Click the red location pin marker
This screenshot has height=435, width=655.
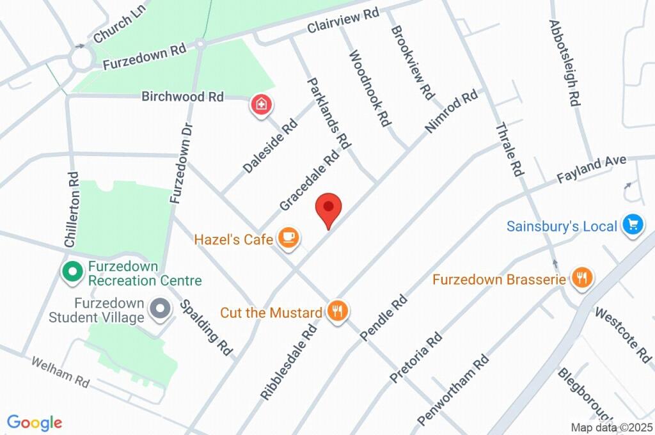point(329,209)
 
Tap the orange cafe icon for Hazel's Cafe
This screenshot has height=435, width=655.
point(288,239)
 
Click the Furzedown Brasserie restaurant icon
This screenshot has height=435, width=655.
point(582,278)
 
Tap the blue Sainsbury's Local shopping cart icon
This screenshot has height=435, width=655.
point(634,225)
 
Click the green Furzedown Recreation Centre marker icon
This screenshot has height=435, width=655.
point(72,272)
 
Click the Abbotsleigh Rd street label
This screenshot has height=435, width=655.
point(564,62)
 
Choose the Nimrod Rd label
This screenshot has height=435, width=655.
point(452,111)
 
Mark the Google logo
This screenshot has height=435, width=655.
point(35,422)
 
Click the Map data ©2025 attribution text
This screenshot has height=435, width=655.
point(612,427)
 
